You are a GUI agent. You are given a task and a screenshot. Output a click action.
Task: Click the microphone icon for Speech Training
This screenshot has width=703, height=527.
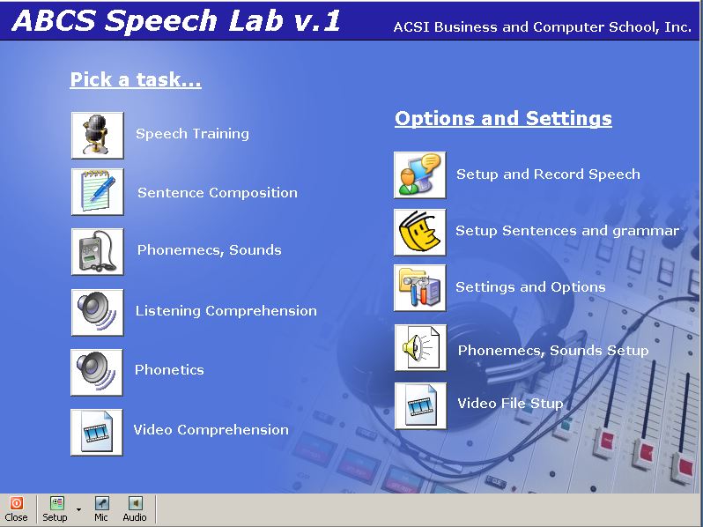click(x=97, y=136)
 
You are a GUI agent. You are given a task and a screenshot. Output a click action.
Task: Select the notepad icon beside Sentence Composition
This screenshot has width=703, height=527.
click(x=97, y=192)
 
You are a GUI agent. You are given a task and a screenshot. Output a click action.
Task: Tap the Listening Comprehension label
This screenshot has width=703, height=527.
click(x=226, y=311)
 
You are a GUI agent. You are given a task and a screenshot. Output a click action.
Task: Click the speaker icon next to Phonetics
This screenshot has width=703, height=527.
click(x=96, y=372)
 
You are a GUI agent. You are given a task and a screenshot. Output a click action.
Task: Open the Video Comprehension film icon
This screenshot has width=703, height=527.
click(x=96, y=433)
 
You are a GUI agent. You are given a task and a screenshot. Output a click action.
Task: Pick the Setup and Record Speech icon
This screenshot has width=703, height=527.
click(x=419, y=174)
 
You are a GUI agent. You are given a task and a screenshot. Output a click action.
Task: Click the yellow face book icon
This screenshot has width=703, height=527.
click(x=419, y=233)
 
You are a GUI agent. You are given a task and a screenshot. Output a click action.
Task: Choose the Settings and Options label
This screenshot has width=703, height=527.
click(x=530, y=287)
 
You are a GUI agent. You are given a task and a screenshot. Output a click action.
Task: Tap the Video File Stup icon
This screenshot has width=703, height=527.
click(x=420, y=406)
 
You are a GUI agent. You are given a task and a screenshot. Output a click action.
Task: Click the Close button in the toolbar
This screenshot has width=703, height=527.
click(x=16, y=509)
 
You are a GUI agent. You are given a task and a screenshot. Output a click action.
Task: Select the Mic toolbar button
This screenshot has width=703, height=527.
click(x=101, y=509)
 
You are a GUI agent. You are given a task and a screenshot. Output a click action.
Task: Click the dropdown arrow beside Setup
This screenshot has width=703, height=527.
click(x=79, y=509)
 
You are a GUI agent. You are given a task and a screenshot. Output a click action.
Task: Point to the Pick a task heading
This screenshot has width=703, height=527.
click(x=136, y=80)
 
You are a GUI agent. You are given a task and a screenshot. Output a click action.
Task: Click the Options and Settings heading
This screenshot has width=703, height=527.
click(x=503, y=118)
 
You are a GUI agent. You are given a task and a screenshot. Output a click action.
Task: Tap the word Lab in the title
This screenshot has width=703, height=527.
click(x=256, y=20)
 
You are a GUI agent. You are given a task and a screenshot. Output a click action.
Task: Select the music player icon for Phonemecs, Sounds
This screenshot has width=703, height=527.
click(x=97, y=252)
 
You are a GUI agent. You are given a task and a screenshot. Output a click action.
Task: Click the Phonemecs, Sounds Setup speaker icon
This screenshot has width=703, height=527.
click(x=420, y=348)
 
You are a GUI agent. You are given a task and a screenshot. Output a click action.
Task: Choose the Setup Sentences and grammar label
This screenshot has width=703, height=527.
click(x=567, y=231)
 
